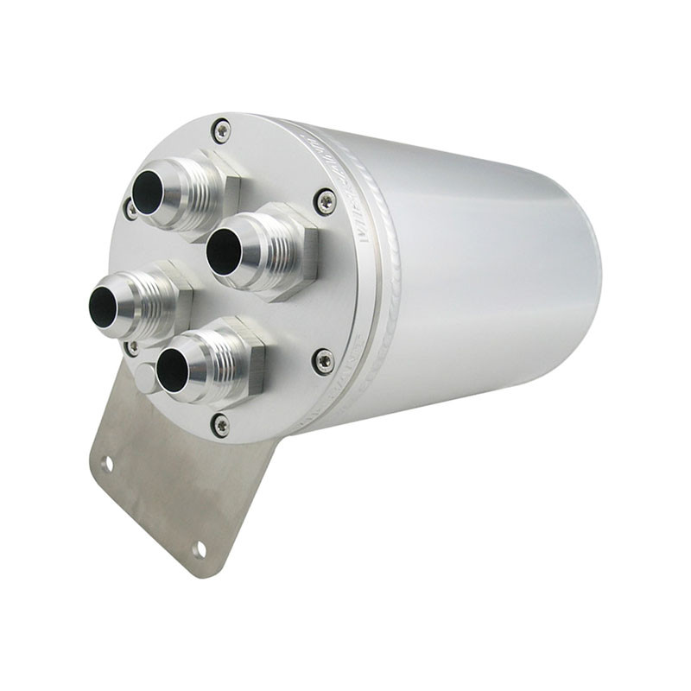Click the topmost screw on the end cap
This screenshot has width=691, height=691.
[222, 130]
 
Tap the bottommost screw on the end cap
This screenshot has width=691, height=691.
[220, 424]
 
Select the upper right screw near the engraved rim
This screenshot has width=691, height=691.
[326, 200]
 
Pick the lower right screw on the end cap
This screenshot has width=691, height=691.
[324, 360]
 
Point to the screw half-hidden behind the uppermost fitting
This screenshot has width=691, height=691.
[130, 208]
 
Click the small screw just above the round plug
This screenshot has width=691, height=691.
[132, 347]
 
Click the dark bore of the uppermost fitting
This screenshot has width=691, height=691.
[148, 193]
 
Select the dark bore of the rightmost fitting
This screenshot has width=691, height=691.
[223, 250]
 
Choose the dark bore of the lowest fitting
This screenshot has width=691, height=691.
[172, 371]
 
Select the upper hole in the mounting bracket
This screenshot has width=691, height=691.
[107, 464]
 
